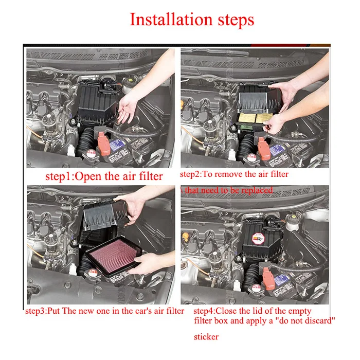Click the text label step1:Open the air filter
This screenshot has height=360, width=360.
click(x=104, y=176)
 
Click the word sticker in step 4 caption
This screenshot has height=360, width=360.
click(x=206, y=337)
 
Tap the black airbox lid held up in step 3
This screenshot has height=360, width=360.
click(x=103, y=217)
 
